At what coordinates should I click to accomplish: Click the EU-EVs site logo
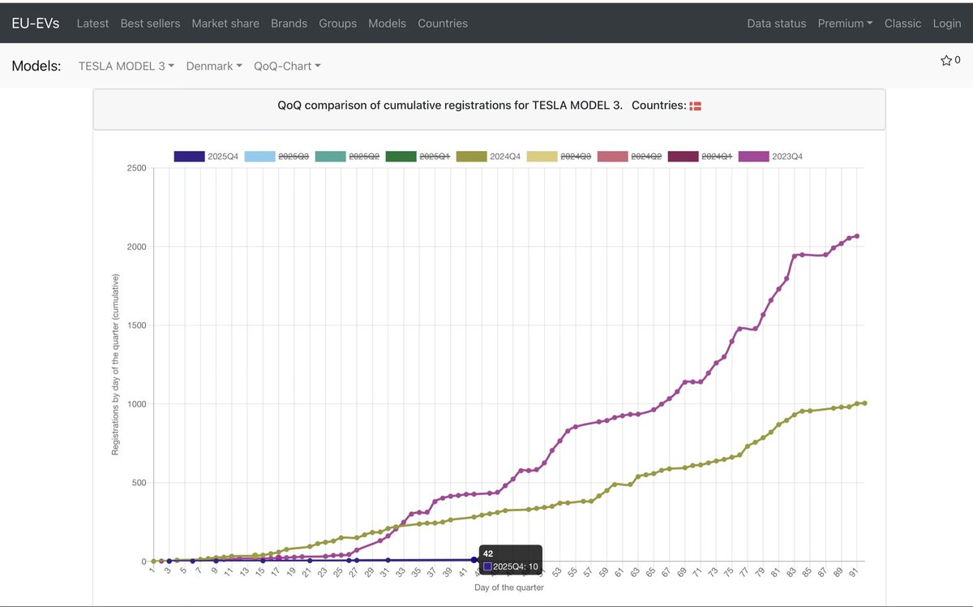pyautogui.click(x=35, y=23)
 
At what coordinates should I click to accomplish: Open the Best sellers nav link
pyautogui.click(x=150, y=24)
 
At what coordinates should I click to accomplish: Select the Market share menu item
pyautogui.click(x=225, y=24)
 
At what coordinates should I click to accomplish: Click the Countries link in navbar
pyautogui.click(x=442, y=24)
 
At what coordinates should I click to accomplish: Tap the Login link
pyautogui.click(x=946, y=24)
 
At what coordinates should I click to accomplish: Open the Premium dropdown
pyautogui.click(x=845, y=24)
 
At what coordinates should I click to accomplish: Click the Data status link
pyautogui.click(x=776, y=24)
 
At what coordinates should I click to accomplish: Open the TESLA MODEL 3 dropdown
pyautogui.click(x=126, y=66)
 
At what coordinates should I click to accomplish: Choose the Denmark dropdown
pyautogui.click(x=214, y=66)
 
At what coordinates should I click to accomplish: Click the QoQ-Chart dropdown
pyautogui.click(x=287, y=66)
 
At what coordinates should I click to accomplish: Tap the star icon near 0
pyautogui.click(x=945, y=60)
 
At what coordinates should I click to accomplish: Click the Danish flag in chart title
pyautogui.click(x=695, y=106)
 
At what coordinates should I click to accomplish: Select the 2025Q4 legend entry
pyautogui.click(x=206, y=156)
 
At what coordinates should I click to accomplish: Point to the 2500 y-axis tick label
pyautogui.click(x=135, y=168)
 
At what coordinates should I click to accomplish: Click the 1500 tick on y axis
pyautogui.click(x=135, y=325)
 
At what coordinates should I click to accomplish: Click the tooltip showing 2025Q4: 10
pyautogui.click(x=510, y=560)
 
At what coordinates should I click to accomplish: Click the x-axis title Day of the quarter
pyautogui.click(x=508, y=588)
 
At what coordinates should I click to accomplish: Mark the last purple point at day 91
pyautogui.click(x=857, y=236)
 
